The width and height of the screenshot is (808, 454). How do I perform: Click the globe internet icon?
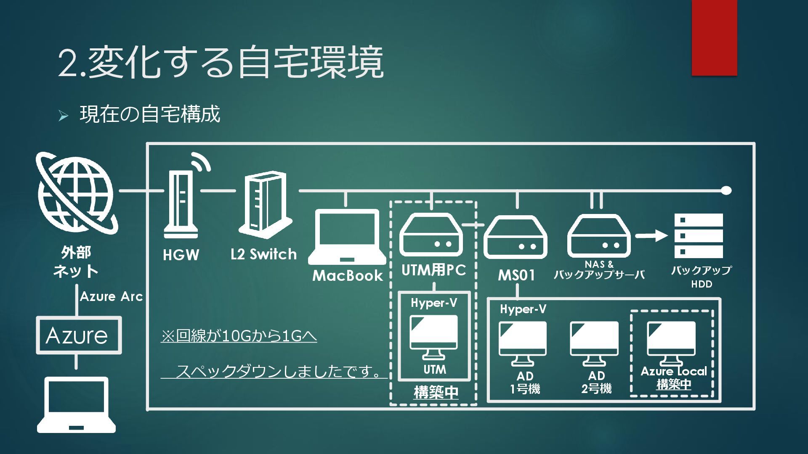76,194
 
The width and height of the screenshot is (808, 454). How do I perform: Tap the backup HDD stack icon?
698,235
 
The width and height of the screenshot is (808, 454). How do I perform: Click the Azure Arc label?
112,297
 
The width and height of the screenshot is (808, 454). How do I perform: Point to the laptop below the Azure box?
76,405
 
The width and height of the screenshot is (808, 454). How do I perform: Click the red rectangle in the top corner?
714,38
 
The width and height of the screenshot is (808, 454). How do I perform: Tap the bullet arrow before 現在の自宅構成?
64,116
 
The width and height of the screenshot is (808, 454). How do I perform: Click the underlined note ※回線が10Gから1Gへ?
239,336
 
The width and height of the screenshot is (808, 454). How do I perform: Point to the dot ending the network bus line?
726,190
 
